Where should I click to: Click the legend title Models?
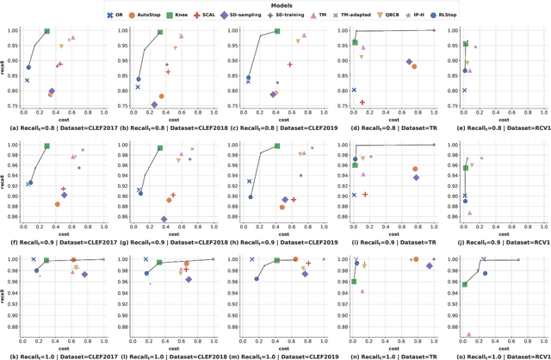(x=275, y=4)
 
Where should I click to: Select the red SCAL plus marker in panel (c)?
(x=290, y=65)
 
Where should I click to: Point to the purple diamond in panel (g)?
(x=164, y=219)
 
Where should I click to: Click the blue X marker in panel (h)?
(x=249, y=182)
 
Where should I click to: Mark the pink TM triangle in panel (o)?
(x=468, y=334)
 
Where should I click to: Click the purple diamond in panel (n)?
(x=430, y=265)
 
